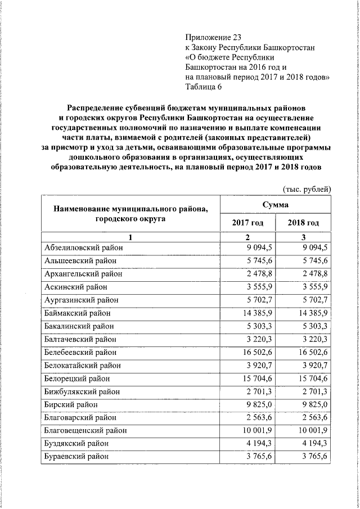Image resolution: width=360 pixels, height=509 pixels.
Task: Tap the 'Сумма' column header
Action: pyautogui.click(x=275, y=205)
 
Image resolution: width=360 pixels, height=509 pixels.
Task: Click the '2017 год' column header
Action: pyautogui.click(x=247, y=223)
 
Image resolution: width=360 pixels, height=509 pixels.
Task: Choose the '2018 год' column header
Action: pyautogui.click(x=303, y=223)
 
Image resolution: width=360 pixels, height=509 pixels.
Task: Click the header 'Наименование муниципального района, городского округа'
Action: pyautogui.click(x=130, y=214)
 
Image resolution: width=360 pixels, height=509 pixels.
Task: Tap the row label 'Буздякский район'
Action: pyautogui.click(x=77, y=443)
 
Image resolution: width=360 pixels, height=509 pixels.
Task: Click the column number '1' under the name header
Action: pyautogui.click(x=130, y=237)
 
